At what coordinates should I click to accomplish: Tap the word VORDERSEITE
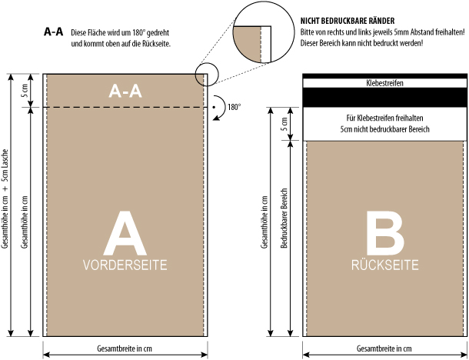click(125, 264)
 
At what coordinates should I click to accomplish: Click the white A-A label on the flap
click(125, 91)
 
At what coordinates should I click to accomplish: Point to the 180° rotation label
click(233, 108)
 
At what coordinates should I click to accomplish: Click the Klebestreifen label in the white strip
click(384, 82)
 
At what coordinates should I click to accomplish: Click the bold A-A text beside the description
click(54, 32)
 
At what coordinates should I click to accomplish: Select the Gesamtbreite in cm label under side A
click(125, 348)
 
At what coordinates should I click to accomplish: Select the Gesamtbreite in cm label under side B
click(384, 348)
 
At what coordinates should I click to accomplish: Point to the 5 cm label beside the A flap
click(25, 89)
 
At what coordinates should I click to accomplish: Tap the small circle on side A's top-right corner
click(206, 75)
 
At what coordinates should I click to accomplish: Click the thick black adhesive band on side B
click(384, 96)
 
